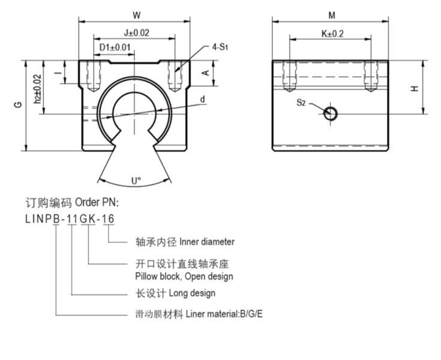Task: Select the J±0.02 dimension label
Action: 136,33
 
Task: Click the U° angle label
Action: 136,180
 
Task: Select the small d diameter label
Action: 203,99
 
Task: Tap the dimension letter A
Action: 205,73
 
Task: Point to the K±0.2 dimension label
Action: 332,34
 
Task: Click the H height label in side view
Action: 414,88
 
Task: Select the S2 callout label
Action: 301,103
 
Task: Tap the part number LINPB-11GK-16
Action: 70,219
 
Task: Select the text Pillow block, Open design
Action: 184,277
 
